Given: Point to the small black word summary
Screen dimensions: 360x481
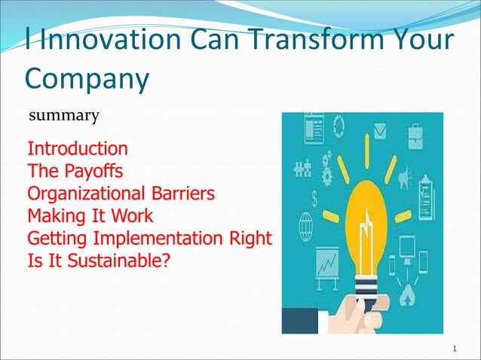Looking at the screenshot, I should [63, 116].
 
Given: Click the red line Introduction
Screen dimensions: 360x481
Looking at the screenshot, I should [77, 148].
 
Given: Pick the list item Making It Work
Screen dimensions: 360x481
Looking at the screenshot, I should [90, 216].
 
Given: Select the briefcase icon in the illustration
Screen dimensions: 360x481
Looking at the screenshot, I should [415, 137].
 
